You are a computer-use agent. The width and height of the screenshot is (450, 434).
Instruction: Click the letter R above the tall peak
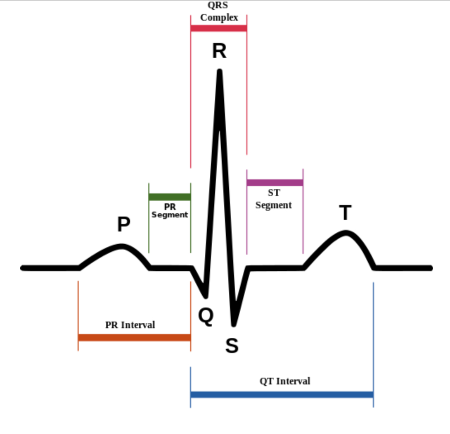pos(219,52)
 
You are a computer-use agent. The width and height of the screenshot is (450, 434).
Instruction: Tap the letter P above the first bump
pos(123,225)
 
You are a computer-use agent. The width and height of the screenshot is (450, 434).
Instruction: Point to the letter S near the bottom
pos(232,346)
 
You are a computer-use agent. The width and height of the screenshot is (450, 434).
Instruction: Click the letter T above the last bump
pos(345,213)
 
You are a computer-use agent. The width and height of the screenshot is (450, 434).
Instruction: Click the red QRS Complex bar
pos(219,28)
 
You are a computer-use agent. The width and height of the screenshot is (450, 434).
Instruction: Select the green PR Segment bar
pos(170,197)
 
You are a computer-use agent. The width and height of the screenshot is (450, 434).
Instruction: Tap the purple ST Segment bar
pos(275,182)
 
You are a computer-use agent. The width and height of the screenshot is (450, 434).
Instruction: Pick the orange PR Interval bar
pos(134,338)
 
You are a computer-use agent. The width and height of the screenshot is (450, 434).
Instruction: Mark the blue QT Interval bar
pos(282,394)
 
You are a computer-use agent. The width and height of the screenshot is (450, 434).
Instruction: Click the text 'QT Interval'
pos(285,381)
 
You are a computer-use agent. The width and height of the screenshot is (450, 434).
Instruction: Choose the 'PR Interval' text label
pos(130,325)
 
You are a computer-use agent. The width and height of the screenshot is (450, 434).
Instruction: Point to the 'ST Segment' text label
pos(273,199)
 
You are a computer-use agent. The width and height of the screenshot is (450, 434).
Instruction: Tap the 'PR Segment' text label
pos(170,211)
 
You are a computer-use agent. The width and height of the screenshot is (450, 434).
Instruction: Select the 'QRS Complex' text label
pos(219,12)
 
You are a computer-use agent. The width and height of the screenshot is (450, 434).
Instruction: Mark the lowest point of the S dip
pos(234,323)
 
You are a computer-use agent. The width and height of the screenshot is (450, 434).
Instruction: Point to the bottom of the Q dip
pos(205,296)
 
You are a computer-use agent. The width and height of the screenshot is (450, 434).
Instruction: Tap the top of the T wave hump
pos(346,233)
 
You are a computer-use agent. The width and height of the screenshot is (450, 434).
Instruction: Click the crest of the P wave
pos(121,247)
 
